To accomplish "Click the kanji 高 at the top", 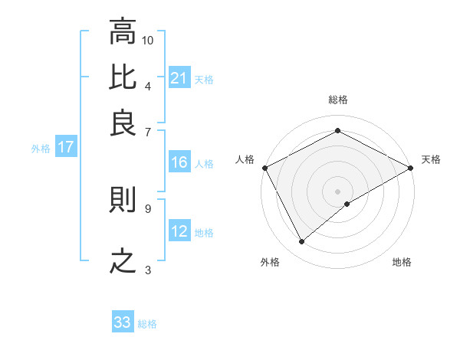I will [123, 33].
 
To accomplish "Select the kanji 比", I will [123, 77].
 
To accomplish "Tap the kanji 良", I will [123, 123].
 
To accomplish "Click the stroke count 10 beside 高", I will [148, 40].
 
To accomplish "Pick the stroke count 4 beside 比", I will [148, 86].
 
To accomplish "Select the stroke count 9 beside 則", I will [148, 208].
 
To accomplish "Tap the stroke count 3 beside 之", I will [148, 270].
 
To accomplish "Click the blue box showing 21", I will [179, 78].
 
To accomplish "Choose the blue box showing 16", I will [179, 162].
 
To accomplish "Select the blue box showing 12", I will [179, 231].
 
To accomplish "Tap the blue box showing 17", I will [65, 148].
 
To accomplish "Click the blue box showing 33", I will [123, 322].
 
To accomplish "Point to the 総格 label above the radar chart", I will [338, 100].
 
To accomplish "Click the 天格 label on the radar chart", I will [431, 159].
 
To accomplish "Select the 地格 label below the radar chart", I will [402, 263].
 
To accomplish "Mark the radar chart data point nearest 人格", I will [264, 167].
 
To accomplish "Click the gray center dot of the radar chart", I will [338, 191].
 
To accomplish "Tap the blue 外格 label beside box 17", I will [40, 149].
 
